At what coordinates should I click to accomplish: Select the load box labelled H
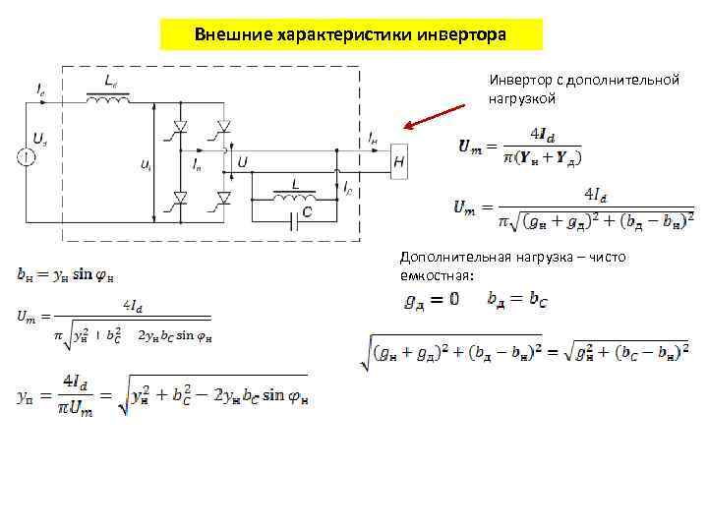tap(398, 161)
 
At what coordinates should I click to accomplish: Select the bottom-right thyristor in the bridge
tap(224, 198)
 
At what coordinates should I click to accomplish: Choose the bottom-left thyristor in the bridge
tap(181, 198)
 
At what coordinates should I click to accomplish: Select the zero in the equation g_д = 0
tap(454, 300)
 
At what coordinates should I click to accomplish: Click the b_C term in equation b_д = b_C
tap(538, 300)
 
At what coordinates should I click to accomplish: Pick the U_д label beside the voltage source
tap(37, 139)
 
